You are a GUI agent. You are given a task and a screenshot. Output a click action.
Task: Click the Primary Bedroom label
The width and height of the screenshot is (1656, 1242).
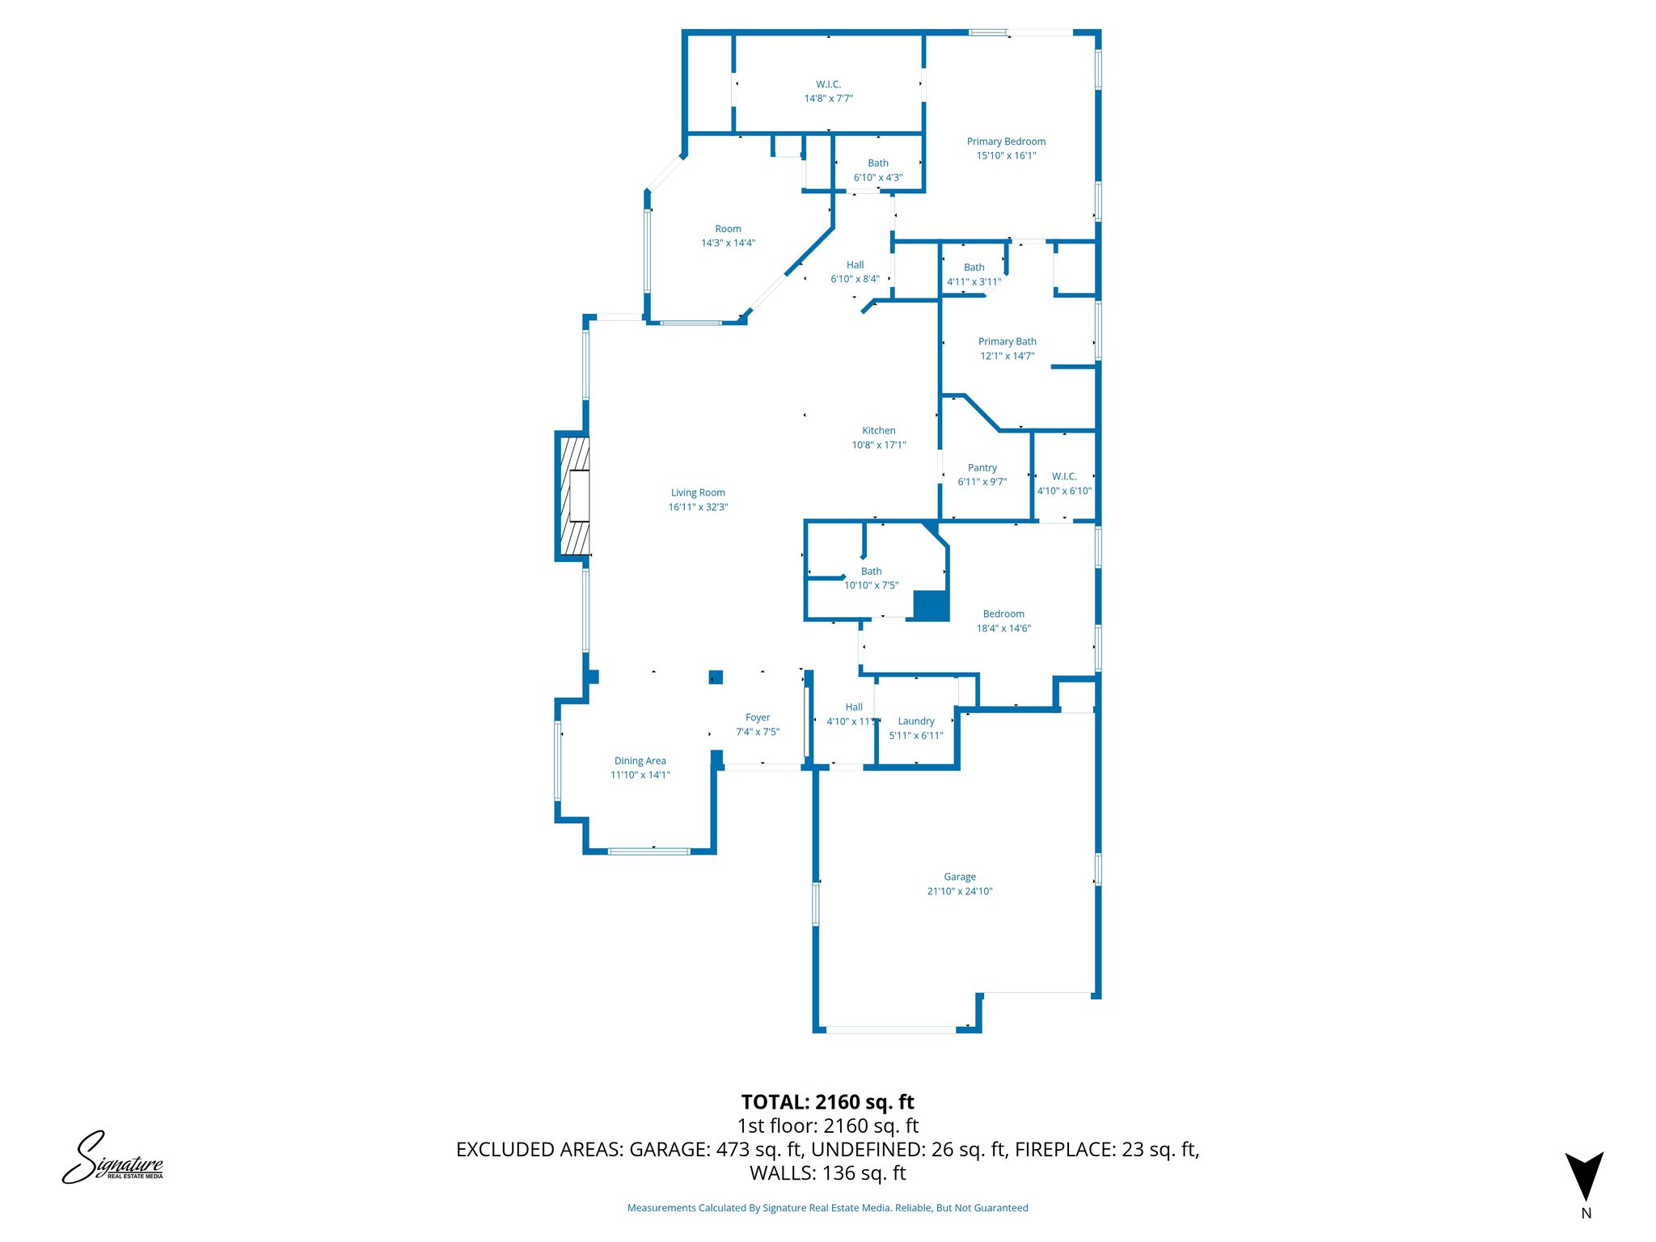(1006, 142)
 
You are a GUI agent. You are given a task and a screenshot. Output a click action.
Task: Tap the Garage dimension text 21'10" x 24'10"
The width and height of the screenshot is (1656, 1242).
(959, 891)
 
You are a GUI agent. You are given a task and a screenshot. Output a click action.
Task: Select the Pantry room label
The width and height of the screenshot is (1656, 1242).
(982, 467)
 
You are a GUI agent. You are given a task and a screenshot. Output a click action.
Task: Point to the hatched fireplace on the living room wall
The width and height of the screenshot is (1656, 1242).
(574, 496)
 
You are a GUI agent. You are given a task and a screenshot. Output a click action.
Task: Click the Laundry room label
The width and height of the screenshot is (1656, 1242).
(915, 721)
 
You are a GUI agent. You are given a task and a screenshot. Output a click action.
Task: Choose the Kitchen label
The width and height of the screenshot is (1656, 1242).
(878, 431)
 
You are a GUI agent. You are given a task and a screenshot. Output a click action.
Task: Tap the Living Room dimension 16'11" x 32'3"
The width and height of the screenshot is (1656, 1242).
(698, 507)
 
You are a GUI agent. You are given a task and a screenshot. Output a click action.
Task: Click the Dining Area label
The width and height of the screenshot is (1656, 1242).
(640, 761)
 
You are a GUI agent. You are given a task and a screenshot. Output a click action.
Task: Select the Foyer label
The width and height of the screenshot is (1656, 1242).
(757, 717)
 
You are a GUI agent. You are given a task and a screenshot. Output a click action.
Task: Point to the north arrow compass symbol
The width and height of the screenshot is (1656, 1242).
(1584, 1177)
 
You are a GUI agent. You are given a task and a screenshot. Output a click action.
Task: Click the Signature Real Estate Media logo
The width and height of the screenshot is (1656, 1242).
(112, 1158)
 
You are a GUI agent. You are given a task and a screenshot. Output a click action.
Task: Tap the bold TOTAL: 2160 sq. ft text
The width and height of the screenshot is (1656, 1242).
(827, 1102)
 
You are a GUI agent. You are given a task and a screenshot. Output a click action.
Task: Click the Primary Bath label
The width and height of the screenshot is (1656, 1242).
(1007, 342)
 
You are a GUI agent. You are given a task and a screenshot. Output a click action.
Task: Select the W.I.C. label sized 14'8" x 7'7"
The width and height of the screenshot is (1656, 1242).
(828, 84)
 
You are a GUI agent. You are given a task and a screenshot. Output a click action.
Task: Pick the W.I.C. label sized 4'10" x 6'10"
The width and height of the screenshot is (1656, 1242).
(1064, 476)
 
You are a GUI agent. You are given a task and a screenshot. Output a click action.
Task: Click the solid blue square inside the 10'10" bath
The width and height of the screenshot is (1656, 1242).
(930, 606)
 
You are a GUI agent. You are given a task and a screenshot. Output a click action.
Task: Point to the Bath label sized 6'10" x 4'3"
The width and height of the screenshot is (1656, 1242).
(877, 163)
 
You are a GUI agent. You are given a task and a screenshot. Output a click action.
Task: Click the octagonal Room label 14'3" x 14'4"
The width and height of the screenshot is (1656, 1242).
(728, 229)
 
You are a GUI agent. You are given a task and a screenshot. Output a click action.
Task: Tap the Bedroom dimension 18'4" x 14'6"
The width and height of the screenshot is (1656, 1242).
(1003, 628)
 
